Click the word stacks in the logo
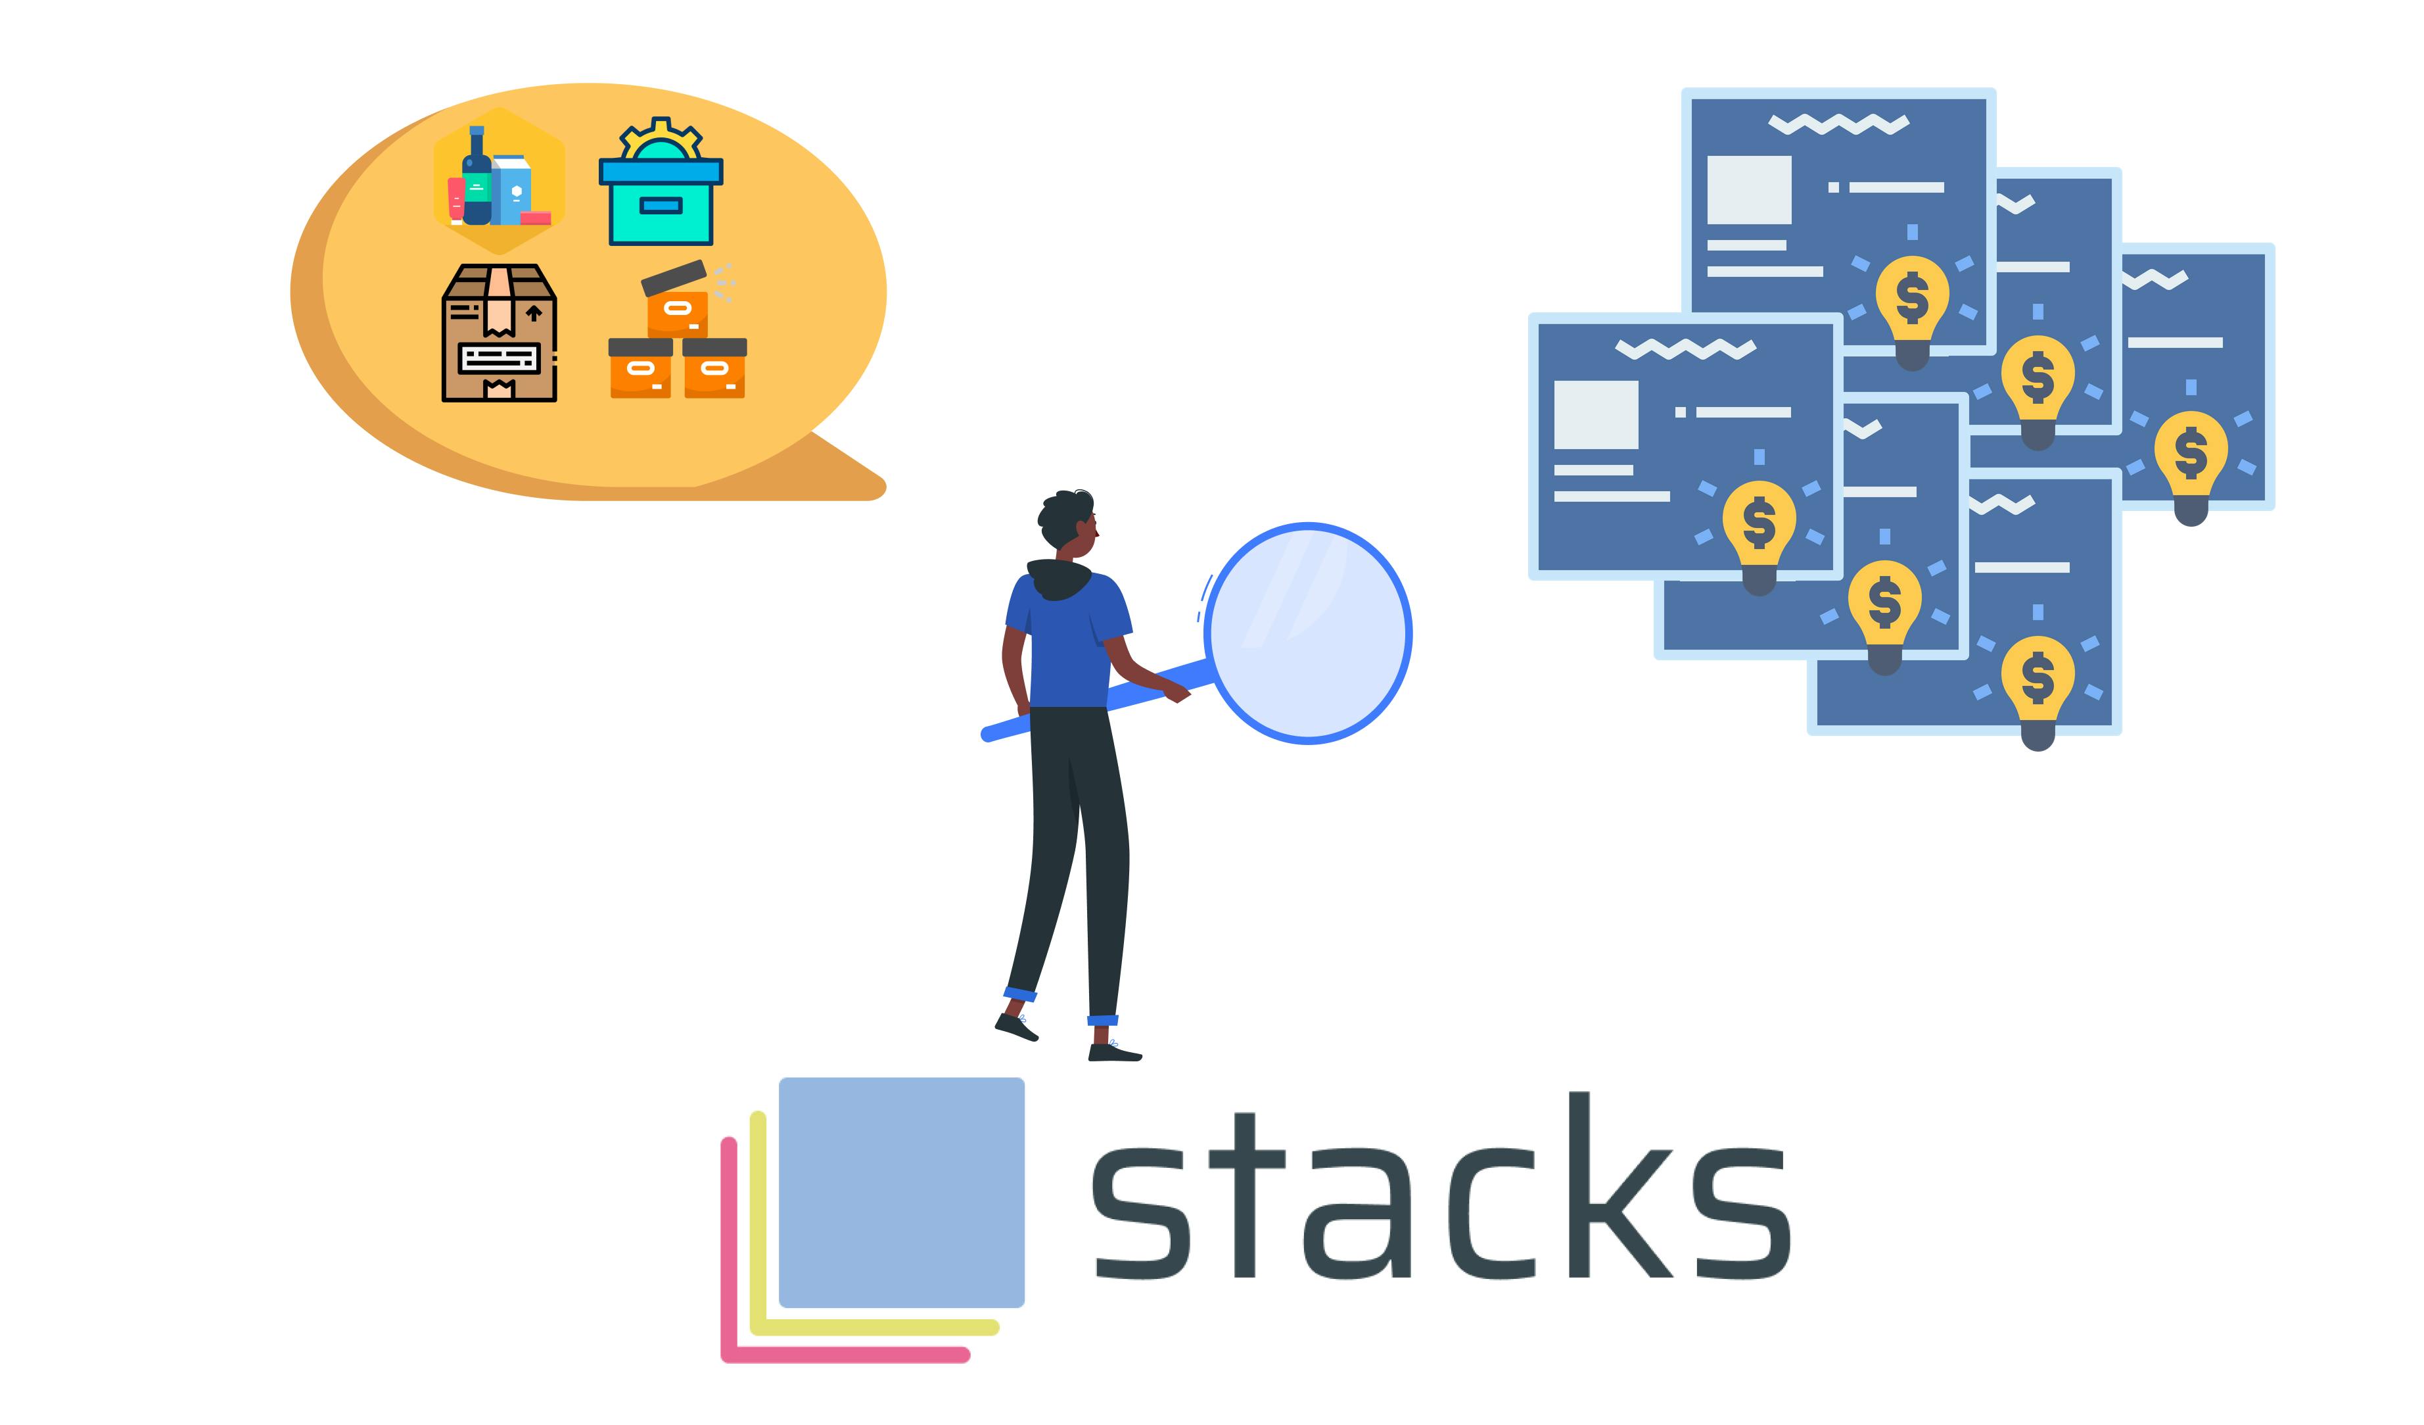click(x=1440, y=1188)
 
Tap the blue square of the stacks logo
click(x=901, y=1192)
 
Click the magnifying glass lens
click(x=1308, y=633)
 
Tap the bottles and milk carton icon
click(x=498, y=181)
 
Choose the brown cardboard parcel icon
click(x=500, y=333)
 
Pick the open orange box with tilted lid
click(x=679, y=297)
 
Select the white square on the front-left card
click(x=1596, y=415)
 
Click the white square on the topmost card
click(x=1749, y=189)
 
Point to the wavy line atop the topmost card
click(x=1838, y=124)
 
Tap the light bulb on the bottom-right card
click(x=2038, y=690)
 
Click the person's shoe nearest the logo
click(x=1115, y=1053)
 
